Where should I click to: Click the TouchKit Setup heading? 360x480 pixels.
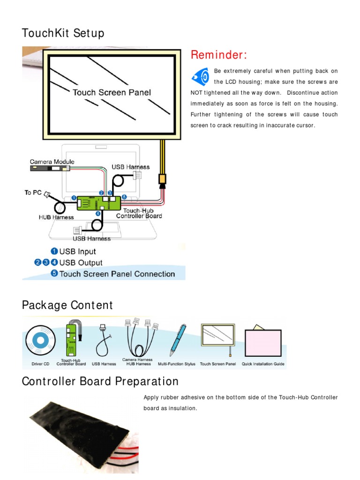point(63,34)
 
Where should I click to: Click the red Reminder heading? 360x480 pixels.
point(218,55)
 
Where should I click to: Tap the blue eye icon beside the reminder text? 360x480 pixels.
point(200,76)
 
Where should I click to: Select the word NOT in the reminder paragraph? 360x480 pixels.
point(197,93)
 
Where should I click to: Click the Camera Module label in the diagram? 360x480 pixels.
point(52,162)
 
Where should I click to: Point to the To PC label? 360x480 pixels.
point(33,193)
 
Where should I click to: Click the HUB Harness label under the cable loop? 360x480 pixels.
point(56,217)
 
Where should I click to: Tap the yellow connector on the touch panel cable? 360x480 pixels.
point(162,179)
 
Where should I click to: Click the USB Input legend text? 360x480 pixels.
point(78,252)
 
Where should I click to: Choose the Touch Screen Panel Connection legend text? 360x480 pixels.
point(117,274)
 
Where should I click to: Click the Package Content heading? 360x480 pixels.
point(67,305)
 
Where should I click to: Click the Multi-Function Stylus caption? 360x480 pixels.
point(177,364)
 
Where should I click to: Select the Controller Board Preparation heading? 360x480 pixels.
point(100,382)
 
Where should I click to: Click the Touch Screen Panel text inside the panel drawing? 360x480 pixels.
point(112,92)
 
